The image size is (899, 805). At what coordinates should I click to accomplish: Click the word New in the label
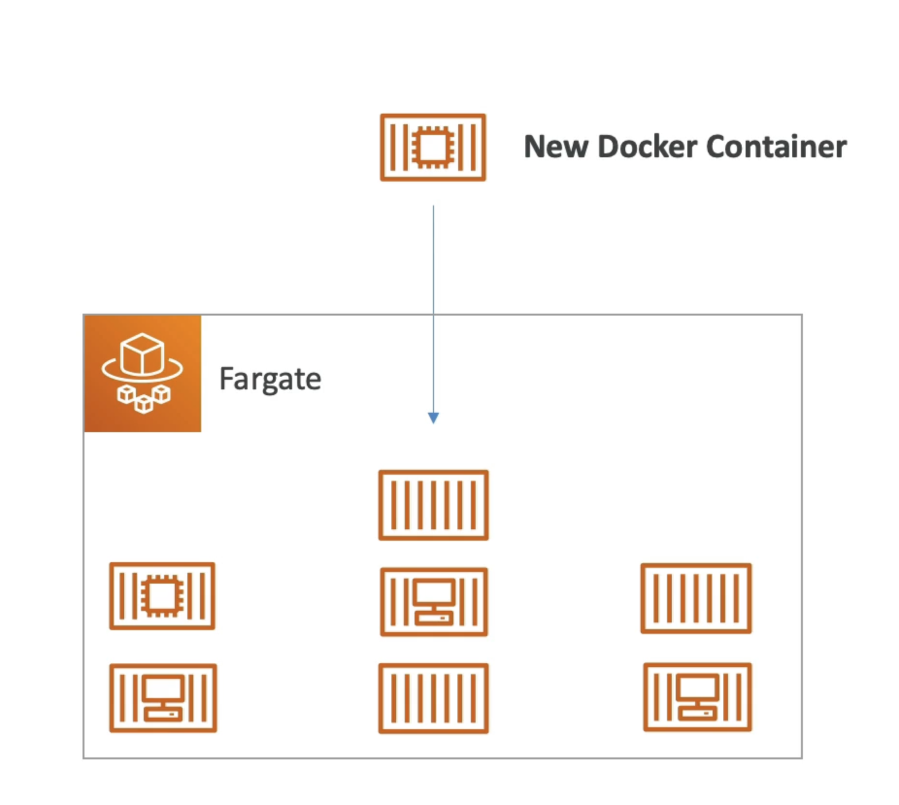coord(556,147)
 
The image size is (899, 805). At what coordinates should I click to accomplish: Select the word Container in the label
coord(776,147)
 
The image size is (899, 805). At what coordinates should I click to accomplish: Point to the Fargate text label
coord(270,379)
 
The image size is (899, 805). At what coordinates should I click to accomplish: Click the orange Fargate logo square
coord(142,373)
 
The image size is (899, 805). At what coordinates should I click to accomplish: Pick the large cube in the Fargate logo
coord(142,353)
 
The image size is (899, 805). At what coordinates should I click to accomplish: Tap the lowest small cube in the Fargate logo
coord(144,404)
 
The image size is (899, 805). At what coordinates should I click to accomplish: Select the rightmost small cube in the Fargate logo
coord(162,394)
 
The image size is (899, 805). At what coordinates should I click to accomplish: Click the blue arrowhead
coord(433,418)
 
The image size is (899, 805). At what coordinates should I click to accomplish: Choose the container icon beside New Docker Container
coord(433,147)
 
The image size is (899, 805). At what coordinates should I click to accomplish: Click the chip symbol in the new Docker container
coord(433,147)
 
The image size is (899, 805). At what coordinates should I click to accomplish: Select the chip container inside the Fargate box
coord(162,596)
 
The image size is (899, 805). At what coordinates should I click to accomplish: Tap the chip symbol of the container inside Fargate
coord(162,596)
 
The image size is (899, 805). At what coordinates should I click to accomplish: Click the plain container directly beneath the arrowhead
coord(433,505)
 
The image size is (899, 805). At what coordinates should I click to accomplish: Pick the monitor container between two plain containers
coord(433,602)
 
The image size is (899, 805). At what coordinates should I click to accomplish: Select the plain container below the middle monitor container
coord(433,698)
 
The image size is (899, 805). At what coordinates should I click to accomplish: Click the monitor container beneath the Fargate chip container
coord(163,698)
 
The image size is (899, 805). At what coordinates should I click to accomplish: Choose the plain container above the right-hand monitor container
coord(696,598)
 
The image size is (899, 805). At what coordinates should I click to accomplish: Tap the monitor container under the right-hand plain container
coord(697,697)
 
